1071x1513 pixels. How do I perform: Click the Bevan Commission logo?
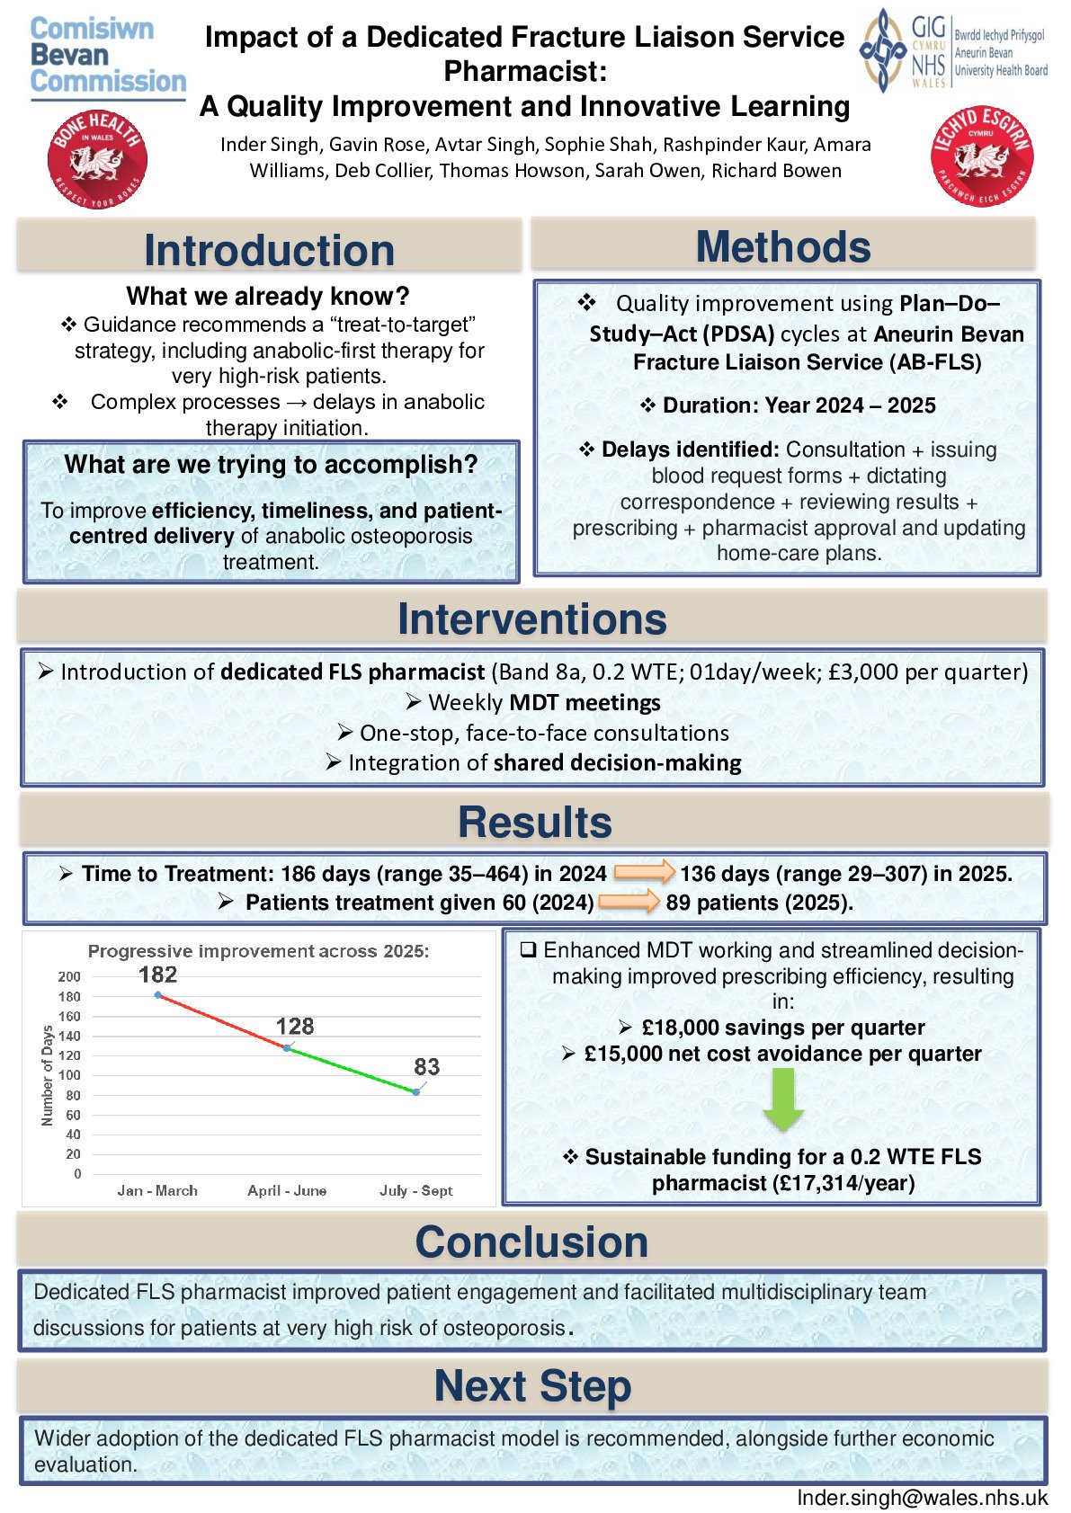point(107,56)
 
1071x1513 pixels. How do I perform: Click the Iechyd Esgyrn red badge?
point(981,156)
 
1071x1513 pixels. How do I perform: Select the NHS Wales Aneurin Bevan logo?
point(954,49)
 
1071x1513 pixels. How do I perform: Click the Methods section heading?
point(783,246)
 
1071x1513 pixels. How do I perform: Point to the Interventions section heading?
point(532,619)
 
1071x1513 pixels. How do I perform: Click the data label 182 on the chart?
point(157,975)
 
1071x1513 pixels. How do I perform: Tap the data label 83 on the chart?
point(426,1067)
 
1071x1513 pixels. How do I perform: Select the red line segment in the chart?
point(221,1021)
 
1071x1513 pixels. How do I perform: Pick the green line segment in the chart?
point(352,1070)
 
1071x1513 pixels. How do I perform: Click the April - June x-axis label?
point(287,1190)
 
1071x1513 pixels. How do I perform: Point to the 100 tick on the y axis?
point(69,1075)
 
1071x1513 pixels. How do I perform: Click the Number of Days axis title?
point(48,1075)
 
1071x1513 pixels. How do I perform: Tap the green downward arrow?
point(783,1099)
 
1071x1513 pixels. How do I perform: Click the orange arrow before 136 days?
point(644,871)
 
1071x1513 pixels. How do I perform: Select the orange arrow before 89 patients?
point(629,901)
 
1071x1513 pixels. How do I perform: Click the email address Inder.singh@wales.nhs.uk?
point(922,1498)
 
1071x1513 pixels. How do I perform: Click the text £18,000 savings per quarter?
point(782,1028)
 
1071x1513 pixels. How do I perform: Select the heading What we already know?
point(268,296)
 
